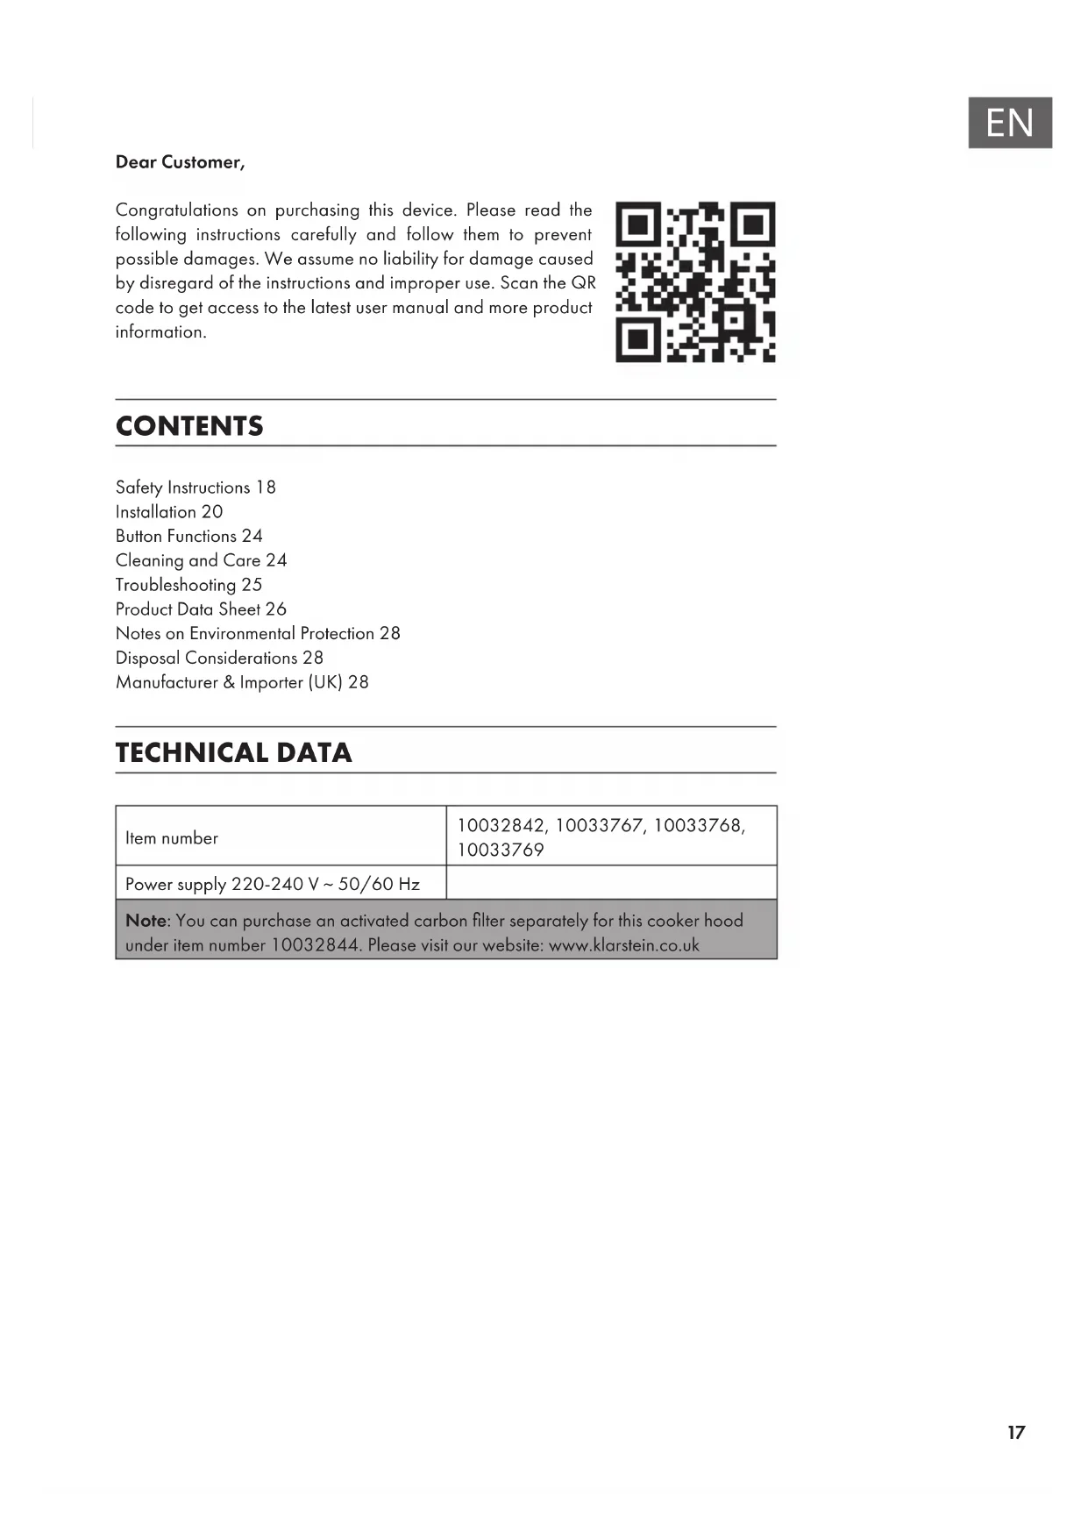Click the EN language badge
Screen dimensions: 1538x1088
1009,123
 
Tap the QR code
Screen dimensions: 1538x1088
695,281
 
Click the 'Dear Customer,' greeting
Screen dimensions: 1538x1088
180,162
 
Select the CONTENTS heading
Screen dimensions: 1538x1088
189,426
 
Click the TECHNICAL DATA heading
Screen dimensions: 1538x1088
233,752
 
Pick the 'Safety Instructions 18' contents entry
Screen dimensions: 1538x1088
196,488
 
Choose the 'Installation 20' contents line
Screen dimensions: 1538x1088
169,512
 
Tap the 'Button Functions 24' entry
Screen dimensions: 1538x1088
188,536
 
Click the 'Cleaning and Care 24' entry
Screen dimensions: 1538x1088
201,560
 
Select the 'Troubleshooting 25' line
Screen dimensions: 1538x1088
188,585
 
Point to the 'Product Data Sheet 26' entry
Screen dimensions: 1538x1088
201,609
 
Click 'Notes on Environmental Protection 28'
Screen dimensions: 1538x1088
258,634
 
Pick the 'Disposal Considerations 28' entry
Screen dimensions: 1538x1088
219,658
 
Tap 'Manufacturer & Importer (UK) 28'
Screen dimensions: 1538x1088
242,682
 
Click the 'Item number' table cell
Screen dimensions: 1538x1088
172,838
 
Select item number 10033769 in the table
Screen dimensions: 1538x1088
501,850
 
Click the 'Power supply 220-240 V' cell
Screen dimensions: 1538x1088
273,884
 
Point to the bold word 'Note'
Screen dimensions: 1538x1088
146,921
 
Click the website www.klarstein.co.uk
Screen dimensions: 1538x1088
623,945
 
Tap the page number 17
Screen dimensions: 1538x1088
1016,1433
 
